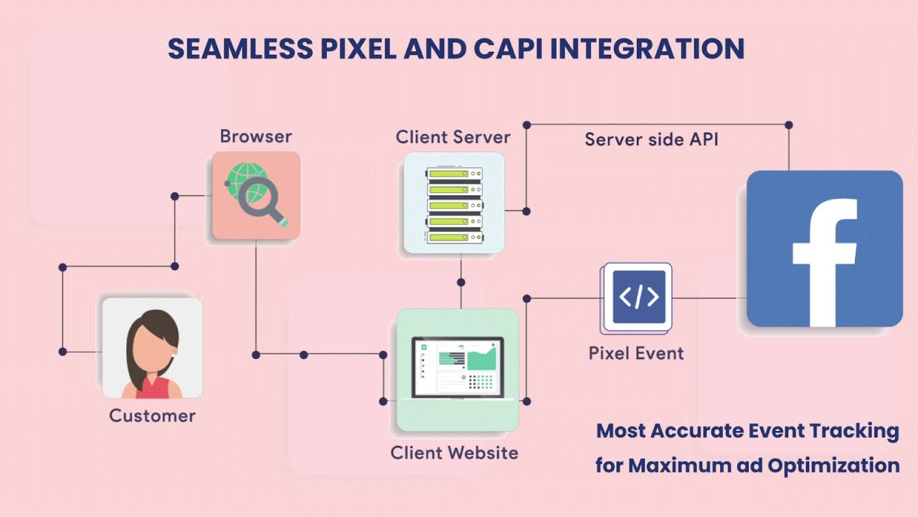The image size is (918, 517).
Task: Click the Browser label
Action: tap(256, 136)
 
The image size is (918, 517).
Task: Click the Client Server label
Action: tap(453, 137)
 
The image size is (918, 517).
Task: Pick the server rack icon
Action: tap(453, 203)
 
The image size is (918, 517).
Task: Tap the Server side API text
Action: tap(651, 139)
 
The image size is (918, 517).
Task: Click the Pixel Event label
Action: tap(636, 353)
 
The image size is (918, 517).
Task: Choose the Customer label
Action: tap(152, 416)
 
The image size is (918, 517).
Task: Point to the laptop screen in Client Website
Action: tap(458, 367)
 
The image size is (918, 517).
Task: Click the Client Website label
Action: tap(454, 453)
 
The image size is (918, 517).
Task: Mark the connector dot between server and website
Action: tap(461, 282)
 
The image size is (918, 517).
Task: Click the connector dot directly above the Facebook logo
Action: tap(789, 125)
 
